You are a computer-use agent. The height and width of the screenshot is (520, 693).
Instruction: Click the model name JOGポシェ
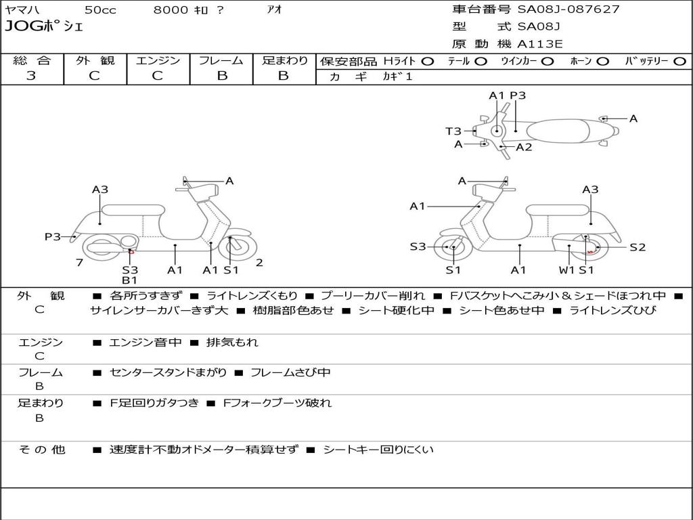pos(44,27)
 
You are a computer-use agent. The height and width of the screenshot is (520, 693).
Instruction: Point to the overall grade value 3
pos(31,75)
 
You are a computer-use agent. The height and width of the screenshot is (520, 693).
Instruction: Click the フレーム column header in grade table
pos(221,60)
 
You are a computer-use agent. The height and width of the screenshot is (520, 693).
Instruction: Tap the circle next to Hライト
pos(428,61)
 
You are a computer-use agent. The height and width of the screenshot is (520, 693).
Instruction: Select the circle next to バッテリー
pos(680,61)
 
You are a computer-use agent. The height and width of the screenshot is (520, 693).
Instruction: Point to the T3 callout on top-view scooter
pos(453,131)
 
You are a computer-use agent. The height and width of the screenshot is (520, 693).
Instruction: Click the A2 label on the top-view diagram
pos(524,147)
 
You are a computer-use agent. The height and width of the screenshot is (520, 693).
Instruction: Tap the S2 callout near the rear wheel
pos(638,247)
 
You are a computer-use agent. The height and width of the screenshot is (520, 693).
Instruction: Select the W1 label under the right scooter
pos(566,270)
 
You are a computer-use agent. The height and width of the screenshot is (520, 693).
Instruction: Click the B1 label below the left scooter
pos(129,280)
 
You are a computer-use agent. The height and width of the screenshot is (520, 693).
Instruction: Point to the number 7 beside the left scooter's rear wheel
pos(79,263)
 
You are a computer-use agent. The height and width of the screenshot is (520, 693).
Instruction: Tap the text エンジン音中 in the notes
pos(146,343)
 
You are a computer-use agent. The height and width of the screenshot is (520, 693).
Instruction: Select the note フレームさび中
pos(290,372)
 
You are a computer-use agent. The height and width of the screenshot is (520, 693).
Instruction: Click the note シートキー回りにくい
pos(378,449)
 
